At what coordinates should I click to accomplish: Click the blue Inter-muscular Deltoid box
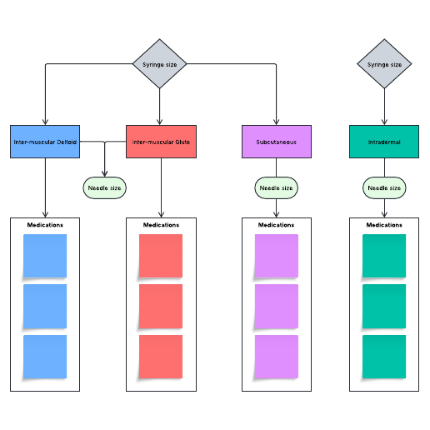45,142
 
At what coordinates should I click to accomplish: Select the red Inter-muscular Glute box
161,142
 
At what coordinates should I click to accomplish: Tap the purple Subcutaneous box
277,142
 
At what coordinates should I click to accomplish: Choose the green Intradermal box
384,142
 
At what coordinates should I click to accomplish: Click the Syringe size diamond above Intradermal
384,64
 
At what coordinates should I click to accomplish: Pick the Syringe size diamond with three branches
160,64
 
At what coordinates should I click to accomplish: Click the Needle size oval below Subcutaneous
276,188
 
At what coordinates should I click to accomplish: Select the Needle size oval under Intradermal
384,188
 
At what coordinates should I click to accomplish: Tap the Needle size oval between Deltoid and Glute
104,188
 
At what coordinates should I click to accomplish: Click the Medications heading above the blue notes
45,225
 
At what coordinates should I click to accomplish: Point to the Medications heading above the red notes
161,225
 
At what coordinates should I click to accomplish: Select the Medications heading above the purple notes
276,225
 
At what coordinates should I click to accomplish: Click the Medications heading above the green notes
384,225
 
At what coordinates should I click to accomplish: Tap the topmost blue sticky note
45,256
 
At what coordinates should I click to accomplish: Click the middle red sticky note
161,306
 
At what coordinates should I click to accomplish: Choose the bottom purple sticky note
276,356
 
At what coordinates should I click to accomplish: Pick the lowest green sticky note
384,356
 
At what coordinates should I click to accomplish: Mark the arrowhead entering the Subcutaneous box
276,122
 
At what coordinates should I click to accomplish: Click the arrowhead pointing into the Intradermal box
384,122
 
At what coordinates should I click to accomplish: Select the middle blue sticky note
45,306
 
